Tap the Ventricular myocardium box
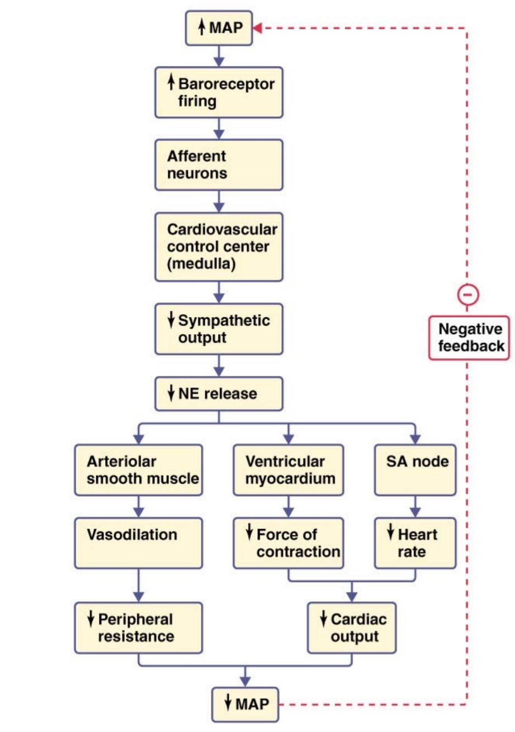(289, 470)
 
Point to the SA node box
(414, 470)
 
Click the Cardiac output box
(352, 628)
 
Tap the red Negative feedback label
(469, 337)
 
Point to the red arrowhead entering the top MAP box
(259, 27)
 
